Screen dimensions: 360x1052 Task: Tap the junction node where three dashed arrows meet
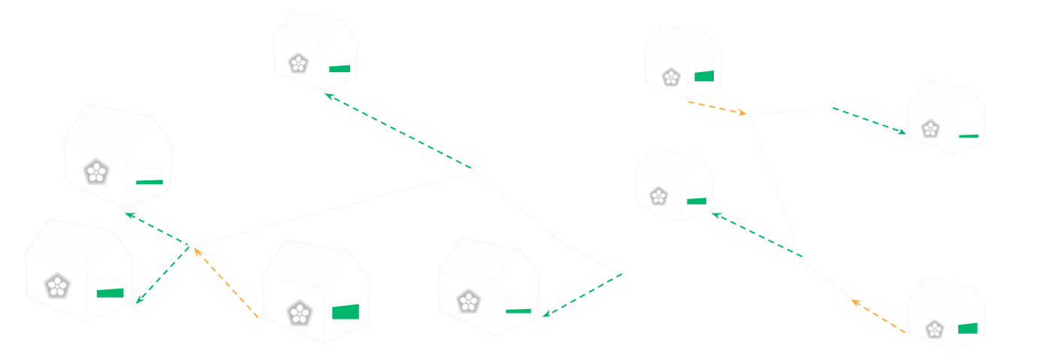coord(191,245)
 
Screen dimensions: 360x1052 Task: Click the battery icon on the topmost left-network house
coord(340,65)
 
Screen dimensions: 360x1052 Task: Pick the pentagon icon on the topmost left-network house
coord(299,63)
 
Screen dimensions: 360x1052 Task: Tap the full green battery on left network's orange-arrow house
coord(346,310)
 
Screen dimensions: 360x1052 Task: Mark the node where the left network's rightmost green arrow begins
coord(619,276)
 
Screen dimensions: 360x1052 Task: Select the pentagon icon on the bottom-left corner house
coord(57,286)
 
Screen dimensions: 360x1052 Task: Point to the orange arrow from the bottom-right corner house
coord(878,314)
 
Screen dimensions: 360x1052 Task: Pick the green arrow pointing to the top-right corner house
coord(870,121)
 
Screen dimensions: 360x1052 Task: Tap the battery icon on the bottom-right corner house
coord(968,327)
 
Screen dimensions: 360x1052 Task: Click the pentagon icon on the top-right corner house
coord(931,129)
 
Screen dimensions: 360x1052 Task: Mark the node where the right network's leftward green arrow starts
coord(801,260)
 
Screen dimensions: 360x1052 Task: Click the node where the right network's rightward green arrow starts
coord(833,104)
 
